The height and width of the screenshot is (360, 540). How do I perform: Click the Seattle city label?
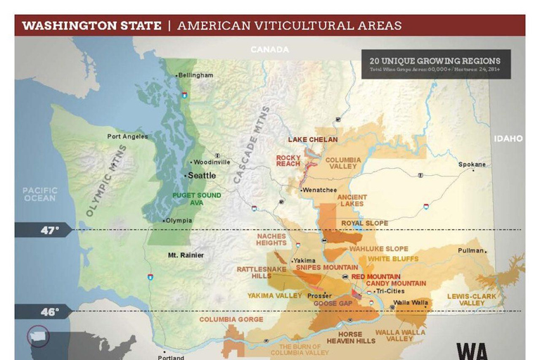pyautogui.click(x=200, y=175)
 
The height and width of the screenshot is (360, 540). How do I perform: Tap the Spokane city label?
pyautogui.click(x=472, y=165)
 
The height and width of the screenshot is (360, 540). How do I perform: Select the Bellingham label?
pyautogui.click(x=195, y=75)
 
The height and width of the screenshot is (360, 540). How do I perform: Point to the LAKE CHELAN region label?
pyautogui.click(x=312, y=139)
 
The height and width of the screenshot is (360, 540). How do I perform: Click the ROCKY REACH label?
pyautogui.click(x=288, y=160)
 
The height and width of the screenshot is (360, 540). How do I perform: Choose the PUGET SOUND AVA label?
pyautogui.click(x=197, y=198)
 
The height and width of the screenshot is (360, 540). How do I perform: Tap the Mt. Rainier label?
pyautogui.click(x=186, y=255)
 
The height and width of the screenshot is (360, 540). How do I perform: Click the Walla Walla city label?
pyautogui.click(x=411, y=302)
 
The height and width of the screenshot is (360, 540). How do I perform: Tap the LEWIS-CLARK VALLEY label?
pyautogui.click(x=471, y=300)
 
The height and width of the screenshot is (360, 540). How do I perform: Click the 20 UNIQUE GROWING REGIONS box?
pyautogui.click(x=436, y=64)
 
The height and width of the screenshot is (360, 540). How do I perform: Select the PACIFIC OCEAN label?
pyautogui.click(x=39, y=194)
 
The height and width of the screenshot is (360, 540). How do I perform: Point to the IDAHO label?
pyautogui.click(x=508, y=139)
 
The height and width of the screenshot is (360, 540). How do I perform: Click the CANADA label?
pyautogui.click(x=270, y=49)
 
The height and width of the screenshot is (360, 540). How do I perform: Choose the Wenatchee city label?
pyautogui.click(x=319, y=190)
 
